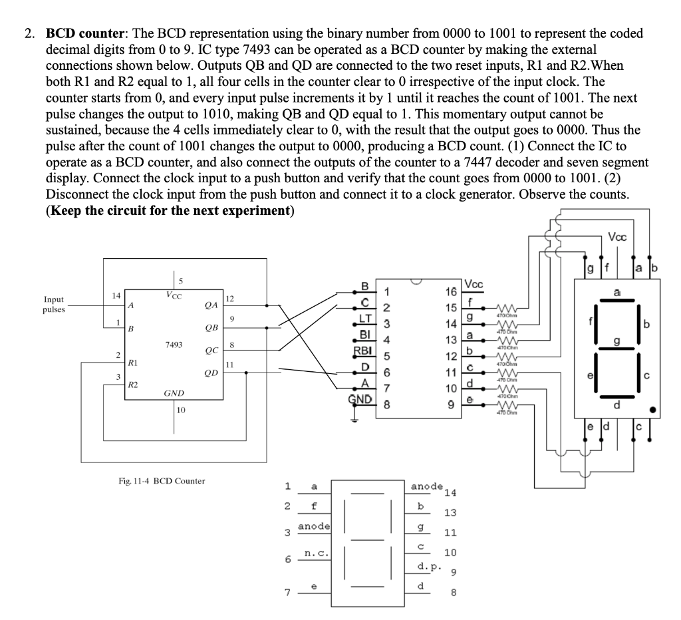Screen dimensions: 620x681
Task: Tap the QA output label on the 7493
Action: [x=211, y=306]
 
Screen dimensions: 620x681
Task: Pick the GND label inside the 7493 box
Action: [x=174, y=393]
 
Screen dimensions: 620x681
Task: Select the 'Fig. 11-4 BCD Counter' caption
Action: [x=160, y=480]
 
